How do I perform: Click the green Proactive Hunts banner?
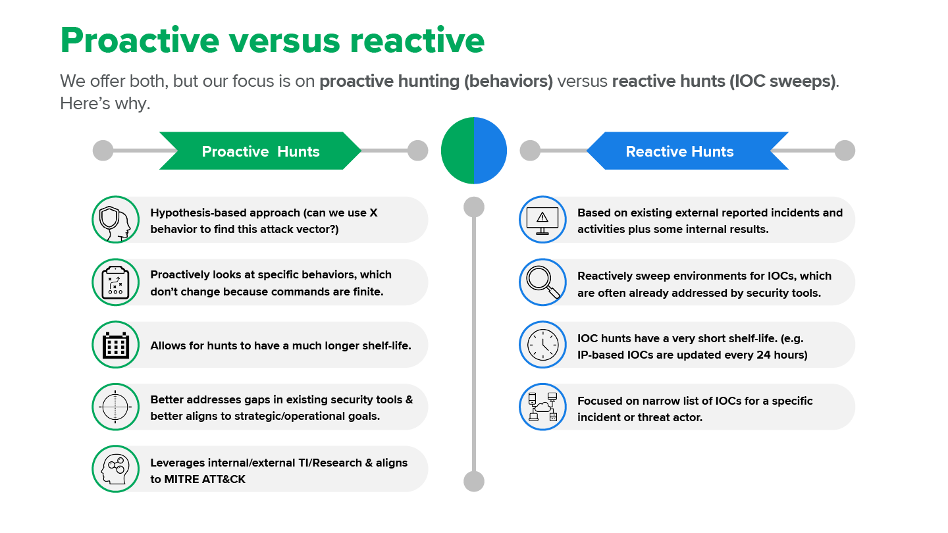coord(260,151)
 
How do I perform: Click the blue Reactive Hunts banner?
coord(687,151)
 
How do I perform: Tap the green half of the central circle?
coord(458,151)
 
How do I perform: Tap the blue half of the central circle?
coord(490,151)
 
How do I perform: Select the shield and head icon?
coord(116,220)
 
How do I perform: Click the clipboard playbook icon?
coord(116,282)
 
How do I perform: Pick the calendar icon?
coord(116,345)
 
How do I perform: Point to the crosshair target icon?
coord(116,407)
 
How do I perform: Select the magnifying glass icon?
coord(542,282)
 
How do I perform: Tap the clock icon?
coord(542,345)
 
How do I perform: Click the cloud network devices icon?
coord(542,407)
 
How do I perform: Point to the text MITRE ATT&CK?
coord(205,479)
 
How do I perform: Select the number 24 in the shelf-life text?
coord(763,355)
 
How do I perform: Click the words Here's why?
coord(105,103)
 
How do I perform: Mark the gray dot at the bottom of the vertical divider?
coord(474,482)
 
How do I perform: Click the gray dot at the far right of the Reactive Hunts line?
coord(845,151)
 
